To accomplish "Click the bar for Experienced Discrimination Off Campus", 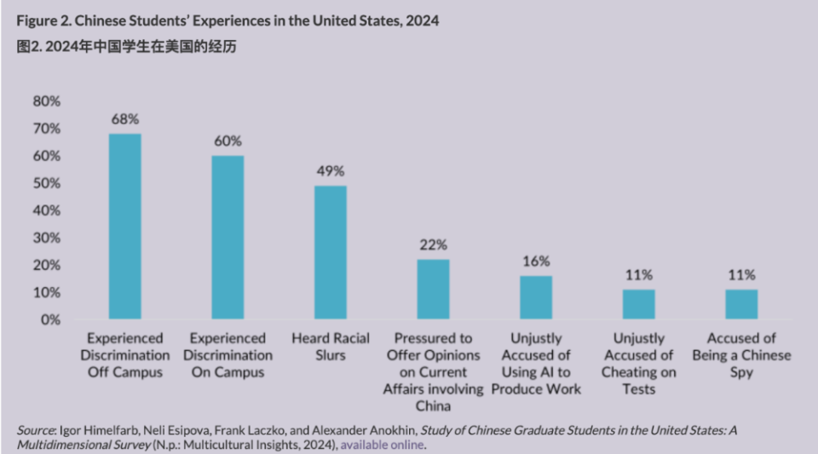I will (x=125, y=227).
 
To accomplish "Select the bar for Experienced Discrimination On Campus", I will (x=228, y=238).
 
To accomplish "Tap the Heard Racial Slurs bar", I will (x=331, y=252).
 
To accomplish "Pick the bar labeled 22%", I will (x=433, y=290).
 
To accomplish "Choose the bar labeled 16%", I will (x=536, y=297).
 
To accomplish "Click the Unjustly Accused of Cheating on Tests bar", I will (x=638, y=304).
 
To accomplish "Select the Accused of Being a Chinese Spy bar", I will (x=741, y=304).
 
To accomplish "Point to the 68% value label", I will (x=125, y=118).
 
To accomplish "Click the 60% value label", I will (x=228, y=141).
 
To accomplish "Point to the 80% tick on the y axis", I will (x=47, y=101).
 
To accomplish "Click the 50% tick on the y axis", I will (x=47, y=183).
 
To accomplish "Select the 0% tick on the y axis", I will (x=50, y=319).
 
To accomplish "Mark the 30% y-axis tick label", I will (x=47, y=238).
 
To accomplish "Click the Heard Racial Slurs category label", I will (x=331, y=347).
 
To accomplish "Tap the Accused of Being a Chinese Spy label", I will (x=741, y=355).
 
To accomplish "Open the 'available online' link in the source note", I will (x=382, y=445).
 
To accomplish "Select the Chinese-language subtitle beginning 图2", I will (x=127, y=47).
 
